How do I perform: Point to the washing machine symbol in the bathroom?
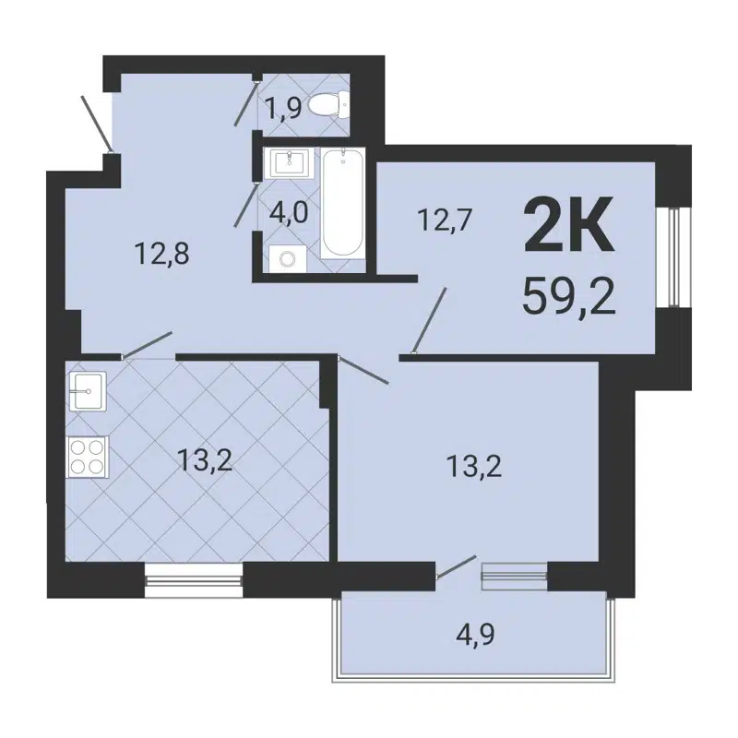[287, 258]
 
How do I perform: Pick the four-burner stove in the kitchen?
[88, 456]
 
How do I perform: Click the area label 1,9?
[283, 110]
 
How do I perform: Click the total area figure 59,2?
[568, 295]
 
